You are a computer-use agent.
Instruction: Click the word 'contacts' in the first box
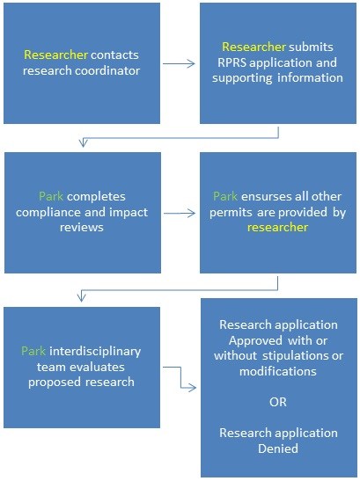[x=114, y=55]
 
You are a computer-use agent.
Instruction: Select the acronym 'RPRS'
[x=231, y=62]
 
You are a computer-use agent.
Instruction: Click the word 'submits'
[x=311, y=47]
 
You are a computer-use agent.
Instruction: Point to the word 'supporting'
[x=242, y=78]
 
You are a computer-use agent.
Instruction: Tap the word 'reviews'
[x=82, y=228]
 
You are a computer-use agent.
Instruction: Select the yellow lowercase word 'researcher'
[x=277, y=228]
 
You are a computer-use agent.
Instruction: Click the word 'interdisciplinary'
[x=95, y=352]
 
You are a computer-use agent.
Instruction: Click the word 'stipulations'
[x=295, y=356]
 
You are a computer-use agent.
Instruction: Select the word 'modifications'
[x=278, y=371]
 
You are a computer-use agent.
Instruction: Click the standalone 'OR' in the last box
[x=278, y=402]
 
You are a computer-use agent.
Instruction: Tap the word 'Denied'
[x=278, y=448]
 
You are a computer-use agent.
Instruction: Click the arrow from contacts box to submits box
[x=179, y=64]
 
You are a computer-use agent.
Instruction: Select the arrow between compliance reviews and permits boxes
[x=180, y=213]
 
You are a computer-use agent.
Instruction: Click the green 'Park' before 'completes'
[x=51, y=197]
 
